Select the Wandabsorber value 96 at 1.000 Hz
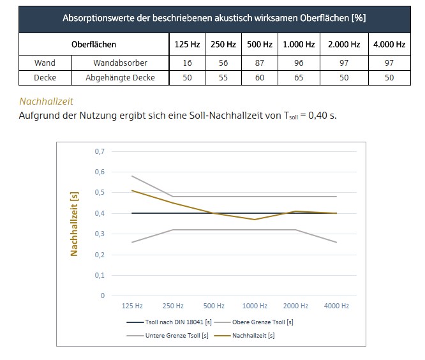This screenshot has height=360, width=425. pos(298,63)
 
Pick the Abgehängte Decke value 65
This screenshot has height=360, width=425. pos(298,78)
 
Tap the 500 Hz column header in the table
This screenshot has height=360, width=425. pos(260,45)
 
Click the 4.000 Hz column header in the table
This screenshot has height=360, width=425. pos(389,45)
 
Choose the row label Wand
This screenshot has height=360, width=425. pos(45,63)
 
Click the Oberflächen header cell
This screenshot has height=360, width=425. pos(93,45)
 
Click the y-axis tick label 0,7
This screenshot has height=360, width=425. pos(99,151)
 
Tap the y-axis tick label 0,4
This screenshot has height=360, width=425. pos(99,213)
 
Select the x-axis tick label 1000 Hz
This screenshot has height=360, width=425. pos(255,306)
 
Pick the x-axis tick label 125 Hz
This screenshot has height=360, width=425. pos(132,306)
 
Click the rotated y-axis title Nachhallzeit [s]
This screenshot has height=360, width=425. pos(74,223)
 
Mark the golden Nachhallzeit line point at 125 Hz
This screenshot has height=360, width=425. pos(132,190)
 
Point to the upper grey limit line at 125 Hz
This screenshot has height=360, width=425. pos(132,176)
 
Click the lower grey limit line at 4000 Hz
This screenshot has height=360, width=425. pos(336,242)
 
